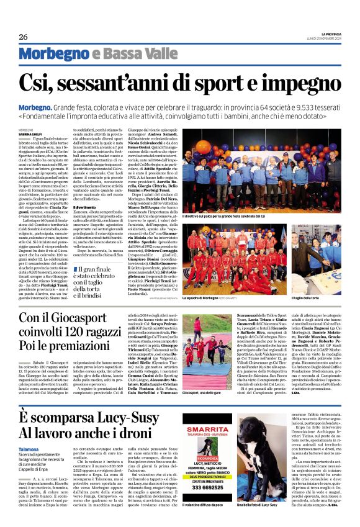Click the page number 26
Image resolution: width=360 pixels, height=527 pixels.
click(23, 37)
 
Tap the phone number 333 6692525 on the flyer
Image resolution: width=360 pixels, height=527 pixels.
click(207, 488)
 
